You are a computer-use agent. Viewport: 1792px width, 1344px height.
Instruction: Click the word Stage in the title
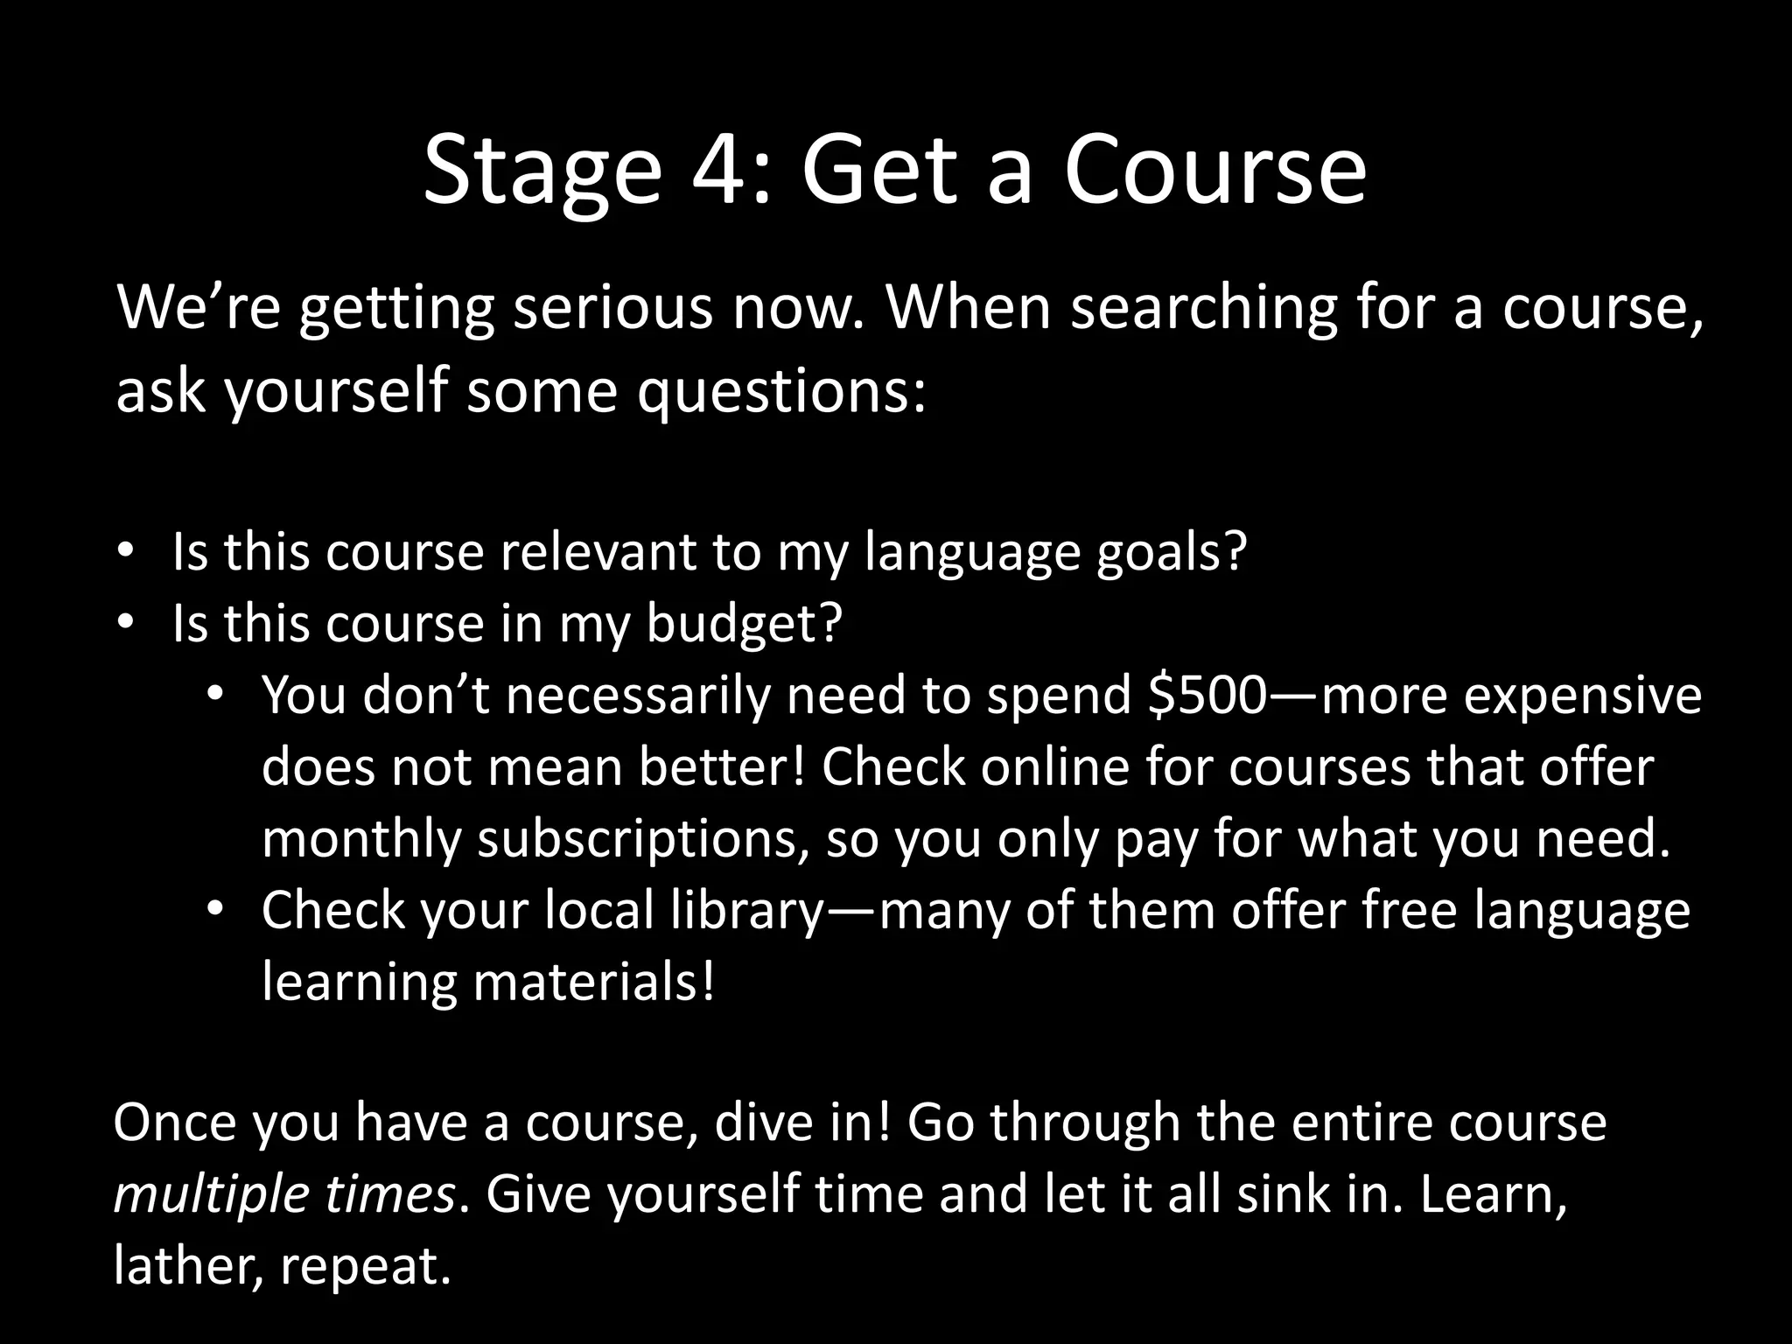click(x=542, y=171)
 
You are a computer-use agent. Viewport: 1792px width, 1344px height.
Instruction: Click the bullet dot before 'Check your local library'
click(x=215, y=910)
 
